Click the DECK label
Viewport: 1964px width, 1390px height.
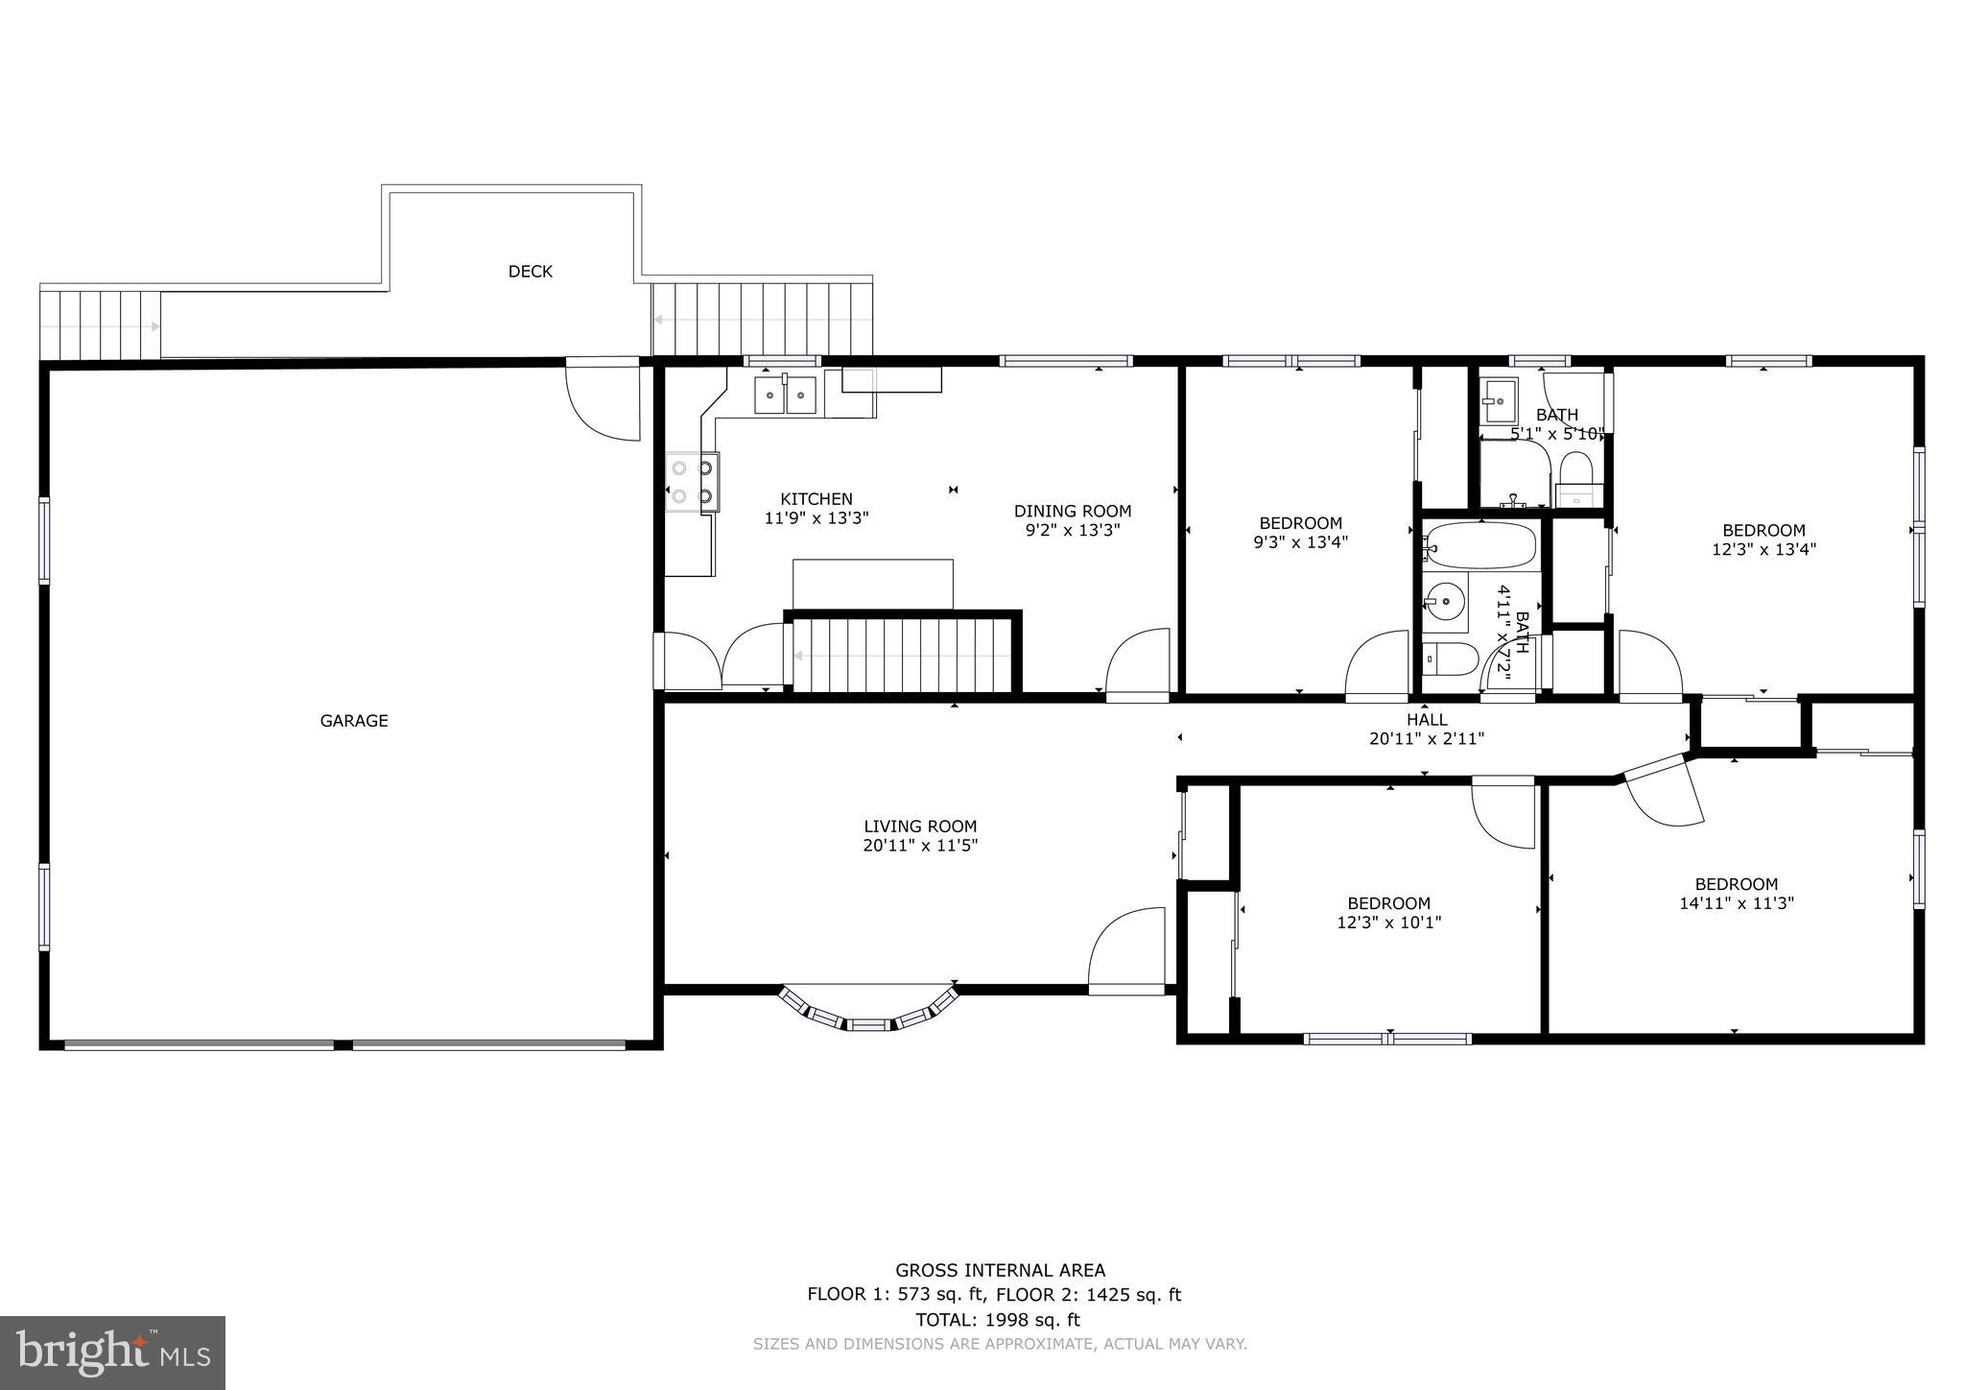click(x=530, y=272)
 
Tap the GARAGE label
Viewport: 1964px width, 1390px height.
click(x=353, y=721)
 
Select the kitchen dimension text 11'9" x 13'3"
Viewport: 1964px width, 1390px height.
click(x=816, y=518)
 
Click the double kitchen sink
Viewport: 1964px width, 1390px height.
click(x=785, y=395)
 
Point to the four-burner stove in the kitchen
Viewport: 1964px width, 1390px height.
click(x=692, y=482)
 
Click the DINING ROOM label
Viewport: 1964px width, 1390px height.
click(x=1072, y=511)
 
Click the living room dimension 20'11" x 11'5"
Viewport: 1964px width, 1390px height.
click(x=919, y=846)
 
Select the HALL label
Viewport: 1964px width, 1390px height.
click(x=1427, y=720)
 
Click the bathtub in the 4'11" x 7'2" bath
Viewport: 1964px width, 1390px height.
click(x=1480, y=546)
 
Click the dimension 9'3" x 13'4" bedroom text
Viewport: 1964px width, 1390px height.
click(x=1300, y=541)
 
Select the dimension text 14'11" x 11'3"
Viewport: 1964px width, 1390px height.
click(x=1736, y=903)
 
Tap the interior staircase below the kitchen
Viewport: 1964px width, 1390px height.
click(x=902, y=655)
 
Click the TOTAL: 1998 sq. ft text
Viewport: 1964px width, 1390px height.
click(x=998, y=1319)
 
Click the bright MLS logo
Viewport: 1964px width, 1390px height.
click(x=112, y=1353)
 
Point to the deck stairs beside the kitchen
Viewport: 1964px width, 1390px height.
click(x=763, y=319)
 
